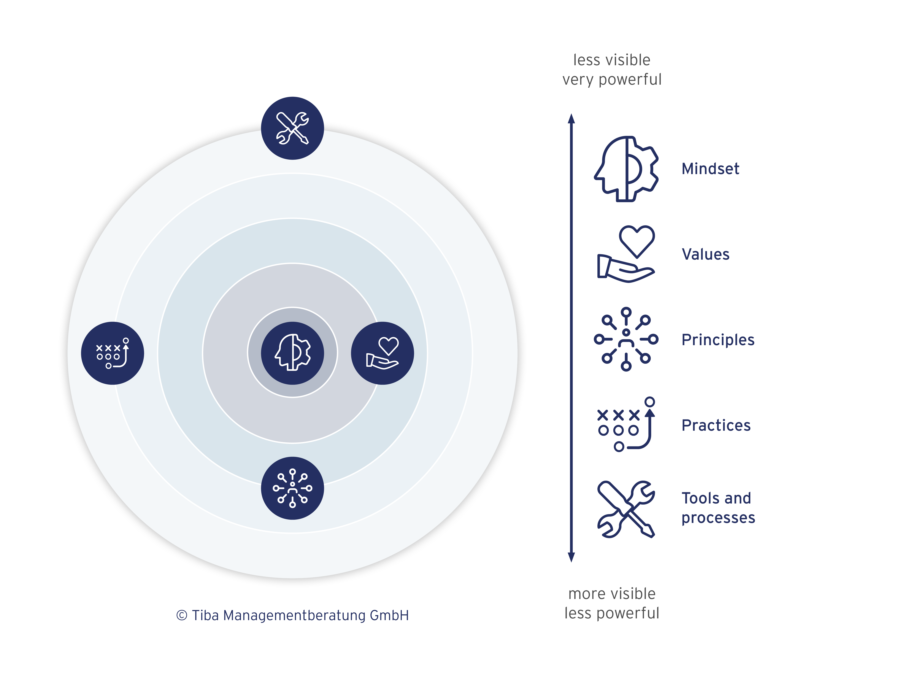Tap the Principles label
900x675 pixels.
tap(718, 340)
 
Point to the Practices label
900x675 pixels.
tap(716, 425)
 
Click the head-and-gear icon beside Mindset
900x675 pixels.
tap(626, 169)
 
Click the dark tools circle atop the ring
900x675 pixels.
tap(292, 128)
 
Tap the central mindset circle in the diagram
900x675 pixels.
tap(292, 353)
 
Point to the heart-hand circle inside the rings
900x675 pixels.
tap(383, 353)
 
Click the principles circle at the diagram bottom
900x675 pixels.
tap(292, 488)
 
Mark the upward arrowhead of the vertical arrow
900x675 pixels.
tap(571, 118)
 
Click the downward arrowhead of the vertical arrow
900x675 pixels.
tap(571, 557)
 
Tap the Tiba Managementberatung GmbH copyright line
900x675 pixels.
tap(292, 615)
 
